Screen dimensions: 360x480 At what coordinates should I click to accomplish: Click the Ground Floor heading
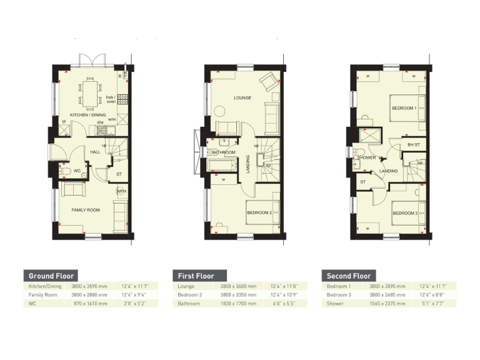51,276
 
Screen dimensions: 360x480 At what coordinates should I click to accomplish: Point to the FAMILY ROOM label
85,210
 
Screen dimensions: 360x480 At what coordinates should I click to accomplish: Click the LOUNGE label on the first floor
242,98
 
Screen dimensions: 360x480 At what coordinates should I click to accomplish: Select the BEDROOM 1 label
404,109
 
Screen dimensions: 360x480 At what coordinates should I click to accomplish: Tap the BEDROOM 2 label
259,212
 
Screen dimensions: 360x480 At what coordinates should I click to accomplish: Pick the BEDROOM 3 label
404,213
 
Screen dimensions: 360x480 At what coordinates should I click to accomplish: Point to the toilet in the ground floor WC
65,170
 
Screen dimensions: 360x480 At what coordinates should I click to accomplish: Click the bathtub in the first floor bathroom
222,166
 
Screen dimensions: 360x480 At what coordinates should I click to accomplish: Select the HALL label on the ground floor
95,152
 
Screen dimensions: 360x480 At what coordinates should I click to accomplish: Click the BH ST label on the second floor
413,145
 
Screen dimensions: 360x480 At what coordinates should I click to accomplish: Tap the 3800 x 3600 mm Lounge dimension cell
235,286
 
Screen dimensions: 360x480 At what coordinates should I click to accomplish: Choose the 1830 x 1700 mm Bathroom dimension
235,304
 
